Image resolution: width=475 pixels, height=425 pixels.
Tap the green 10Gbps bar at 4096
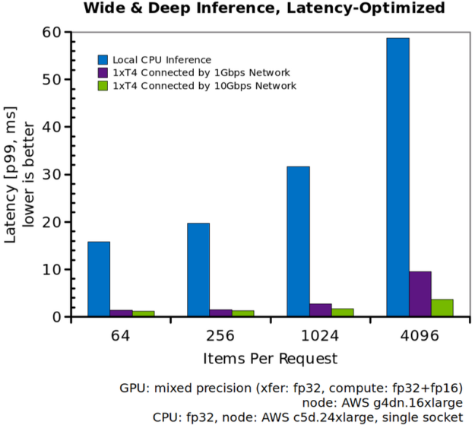[x=442, y=308]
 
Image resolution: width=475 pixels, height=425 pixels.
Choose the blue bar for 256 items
[x=198, y=270]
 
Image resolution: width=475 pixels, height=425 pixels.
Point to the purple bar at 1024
[x=320, y=310]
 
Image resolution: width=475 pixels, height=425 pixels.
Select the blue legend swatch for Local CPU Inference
[x=103, y=59]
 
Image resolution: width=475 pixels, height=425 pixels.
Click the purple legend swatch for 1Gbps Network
[x=103, y=72]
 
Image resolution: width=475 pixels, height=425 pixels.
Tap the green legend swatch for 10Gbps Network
[x=103, y=85]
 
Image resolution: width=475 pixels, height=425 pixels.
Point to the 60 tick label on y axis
[x=50, y=32]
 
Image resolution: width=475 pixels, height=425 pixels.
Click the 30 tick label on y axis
[x=50, y=174]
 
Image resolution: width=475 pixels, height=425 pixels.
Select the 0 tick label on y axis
[x=55, y=317]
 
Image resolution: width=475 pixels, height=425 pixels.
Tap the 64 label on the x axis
[x=121, y=335]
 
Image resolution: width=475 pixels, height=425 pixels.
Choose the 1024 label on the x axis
[x=320, y=335]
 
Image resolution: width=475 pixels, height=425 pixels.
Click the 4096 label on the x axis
[x=420, y=335]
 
